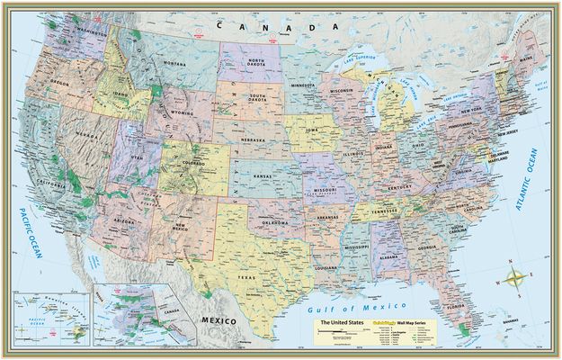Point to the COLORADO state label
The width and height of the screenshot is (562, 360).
(192, 164)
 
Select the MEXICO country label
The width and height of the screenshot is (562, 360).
(219, 320)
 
